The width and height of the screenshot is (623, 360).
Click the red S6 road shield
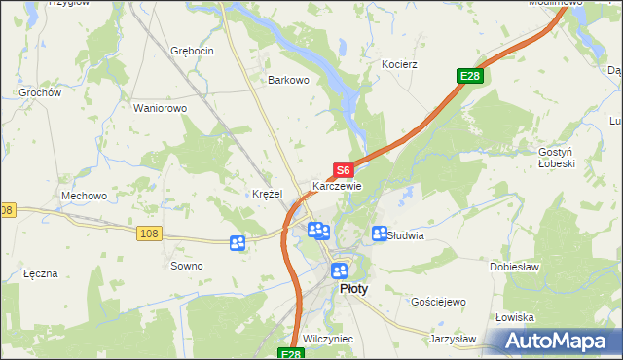pos(342,170)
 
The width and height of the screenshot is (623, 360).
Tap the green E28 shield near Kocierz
pos(470,76)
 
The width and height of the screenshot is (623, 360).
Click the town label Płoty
pos(352,289)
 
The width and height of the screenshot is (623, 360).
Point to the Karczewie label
pos(337,186)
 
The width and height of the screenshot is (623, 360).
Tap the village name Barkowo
pos(289,81)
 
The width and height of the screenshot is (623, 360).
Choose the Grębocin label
pos(191,51)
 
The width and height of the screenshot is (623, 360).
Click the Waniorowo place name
pos(160,108)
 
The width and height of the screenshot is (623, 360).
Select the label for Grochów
pos(41,93)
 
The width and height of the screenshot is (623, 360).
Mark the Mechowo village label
pos(84,196)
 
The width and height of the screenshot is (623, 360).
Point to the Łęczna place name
pos(41,273)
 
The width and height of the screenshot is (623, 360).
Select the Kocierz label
pos(399,64)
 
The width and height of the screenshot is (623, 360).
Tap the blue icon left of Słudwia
pos(380,234)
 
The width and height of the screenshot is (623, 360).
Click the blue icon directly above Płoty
pos(339,270)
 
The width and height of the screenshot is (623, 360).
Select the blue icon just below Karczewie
pos(318,231)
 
